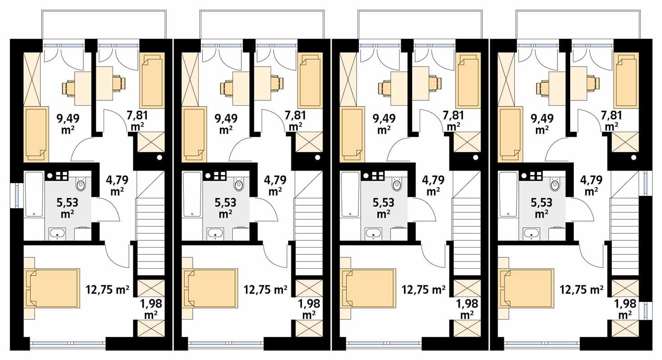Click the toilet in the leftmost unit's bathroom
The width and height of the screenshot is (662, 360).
click(81, 184)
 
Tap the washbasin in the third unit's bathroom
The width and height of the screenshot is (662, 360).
click(373, 233)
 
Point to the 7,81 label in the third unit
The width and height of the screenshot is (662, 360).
click(453, 121)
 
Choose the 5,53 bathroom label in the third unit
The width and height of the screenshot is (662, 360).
click(383, 207)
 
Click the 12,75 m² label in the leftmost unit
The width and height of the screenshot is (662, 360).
click(108, 289)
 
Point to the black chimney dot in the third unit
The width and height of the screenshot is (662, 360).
click(476, 157)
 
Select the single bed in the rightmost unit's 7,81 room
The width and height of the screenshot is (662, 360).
click(626, 81)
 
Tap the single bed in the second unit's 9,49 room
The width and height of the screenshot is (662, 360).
click(194, 134)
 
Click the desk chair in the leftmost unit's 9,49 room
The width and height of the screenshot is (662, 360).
click(69, 87)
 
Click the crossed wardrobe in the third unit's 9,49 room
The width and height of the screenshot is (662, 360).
click(348, 79)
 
